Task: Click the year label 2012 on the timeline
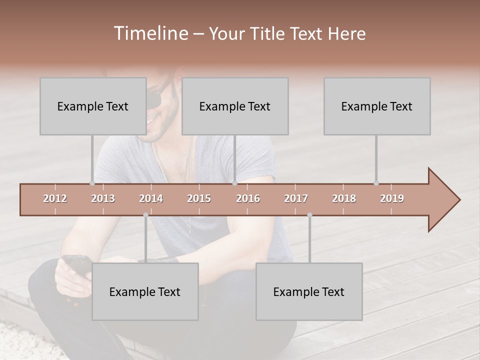[x=55, y=198]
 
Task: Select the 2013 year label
[x=103, y=198]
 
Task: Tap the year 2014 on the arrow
[x=151, y=198]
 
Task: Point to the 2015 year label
[x=199, y=198]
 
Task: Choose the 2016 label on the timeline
[x=248, y=198]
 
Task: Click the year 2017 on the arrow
[x=296, y=198]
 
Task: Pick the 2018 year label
[x=344, y=198]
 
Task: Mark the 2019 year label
[x=392, y=198]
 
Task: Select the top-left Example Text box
[x=93, y=106]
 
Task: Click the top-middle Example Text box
[x=235, y=106]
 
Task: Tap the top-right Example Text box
[x=377, y=106]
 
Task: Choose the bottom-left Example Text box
[x=145, y=291]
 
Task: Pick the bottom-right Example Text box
[x=309, y=291]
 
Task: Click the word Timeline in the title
[x=150, y=33]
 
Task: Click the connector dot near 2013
[x=92, y=183]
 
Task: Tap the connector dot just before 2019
[x=376, y=183]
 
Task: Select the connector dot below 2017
[x=309, y=215]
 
